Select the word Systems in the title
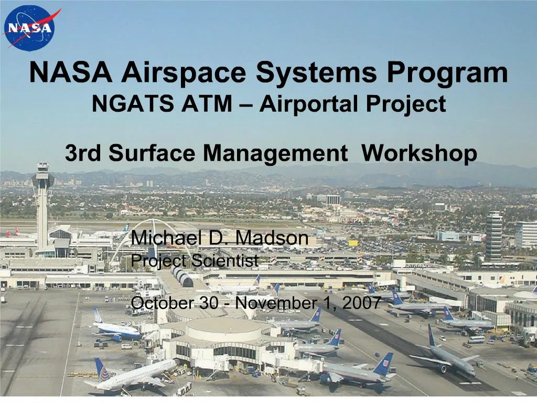316,73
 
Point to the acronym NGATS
133,104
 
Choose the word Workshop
419,153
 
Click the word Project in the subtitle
415,104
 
